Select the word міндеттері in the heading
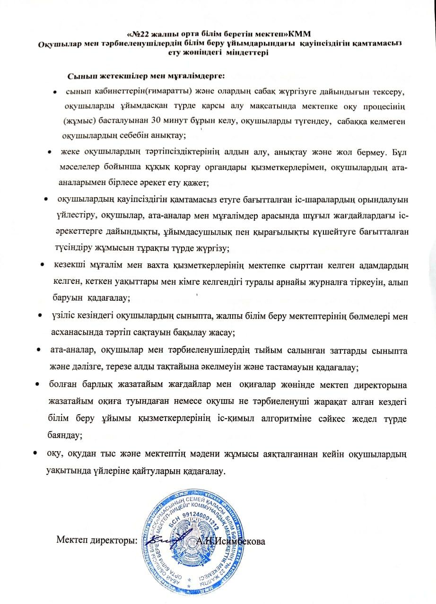coord(247,53)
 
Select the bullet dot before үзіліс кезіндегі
coord(40,315)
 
